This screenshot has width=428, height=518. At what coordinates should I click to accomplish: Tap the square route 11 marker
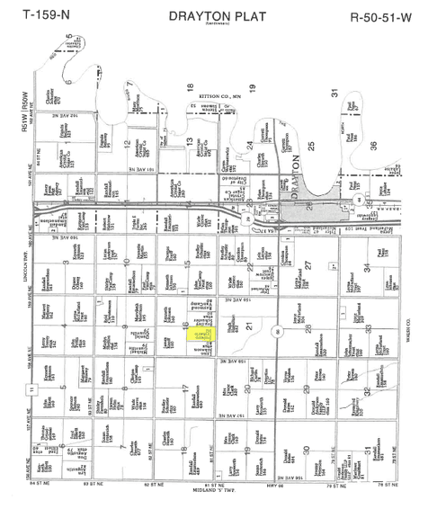31,389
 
